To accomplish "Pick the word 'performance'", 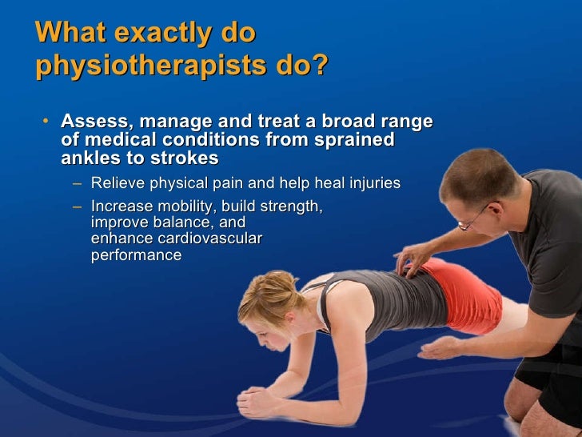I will click(x=136, y=255).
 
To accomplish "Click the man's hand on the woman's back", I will click(x=417, y=261).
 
